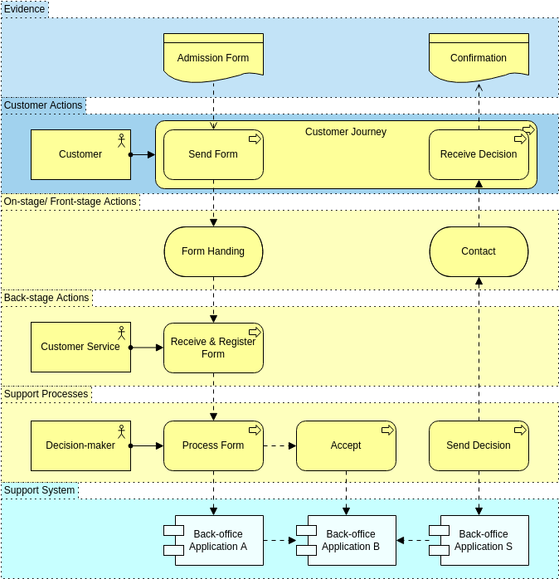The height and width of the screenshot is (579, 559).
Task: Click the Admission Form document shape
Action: tap(213, 58)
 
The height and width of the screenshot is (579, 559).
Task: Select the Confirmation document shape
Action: tap(479, 58)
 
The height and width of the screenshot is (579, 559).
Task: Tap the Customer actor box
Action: tap(80, 154)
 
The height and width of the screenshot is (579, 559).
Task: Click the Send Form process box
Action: tap(213, 154)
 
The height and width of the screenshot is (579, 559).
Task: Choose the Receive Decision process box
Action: tap(479, 154)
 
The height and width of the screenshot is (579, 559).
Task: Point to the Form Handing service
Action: tap(213, 251)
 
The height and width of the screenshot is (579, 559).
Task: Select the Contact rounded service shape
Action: tap(479, 251)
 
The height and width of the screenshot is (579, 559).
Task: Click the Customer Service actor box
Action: tap(80, 347)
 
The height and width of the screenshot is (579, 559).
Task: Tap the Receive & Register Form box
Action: tap(213, 348)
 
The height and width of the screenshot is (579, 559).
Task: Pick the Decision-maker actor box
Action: tap(80, 445)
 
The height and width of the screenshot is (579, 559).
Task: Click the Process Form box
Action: tap(213, 445)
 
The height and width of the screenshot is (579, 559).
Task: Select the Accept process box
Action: tap(346, 445)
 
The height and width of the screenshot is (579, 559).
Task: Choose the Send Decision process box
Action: tap(479, 445)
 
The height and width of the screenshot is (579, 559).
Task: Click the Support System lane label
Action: tap(40, 490)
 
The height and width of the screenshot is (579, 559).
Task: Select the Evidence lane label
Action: tap(25, 9)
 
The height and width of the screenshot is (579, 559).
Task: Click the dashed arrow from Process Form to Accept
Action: tap(279, 445)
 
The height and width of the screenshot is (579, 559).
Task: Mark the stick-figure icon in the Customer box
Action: tap(121, 139)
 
